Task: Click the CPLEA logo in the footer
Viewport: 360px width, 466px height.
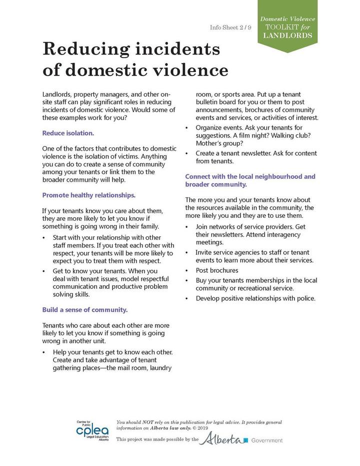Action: tap(91, 429)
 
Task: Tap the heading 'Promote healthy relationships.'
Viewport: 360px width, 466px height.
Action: tap(88, 195)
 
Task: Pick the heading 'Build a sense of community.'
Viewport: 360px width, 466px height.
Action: tap(84, 309)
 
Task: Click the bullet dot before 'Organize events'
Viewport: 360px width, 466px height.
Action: tap(187, 128)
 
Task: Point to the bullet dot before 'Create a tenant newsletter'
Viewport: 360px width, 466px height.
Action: tap(187, 153)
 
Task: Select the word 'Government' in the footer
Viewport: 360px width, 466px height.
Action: tap(266, 440)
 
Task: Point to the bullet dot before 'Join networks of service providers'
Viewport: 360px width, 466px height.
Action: tap(187, 227)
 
